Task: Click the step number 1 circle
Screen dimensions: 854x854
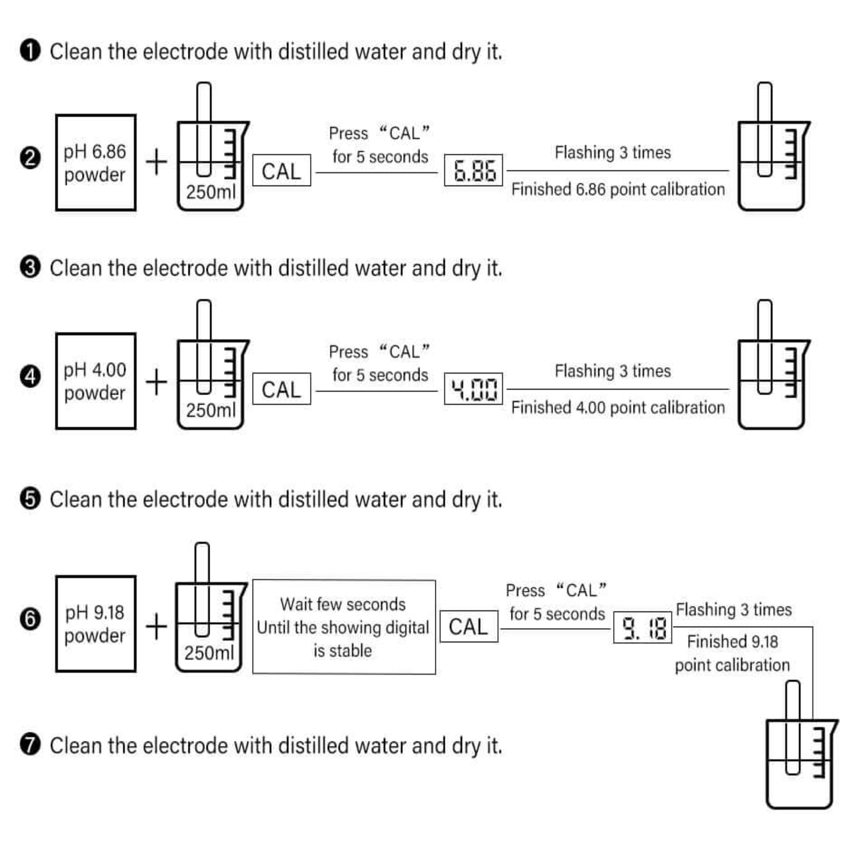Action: tap(30, 51)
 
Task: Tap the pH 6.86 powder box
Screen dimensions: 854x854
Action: tap(96, 163)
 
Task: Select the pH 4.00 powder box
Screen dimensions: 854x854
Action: tap(96, 380)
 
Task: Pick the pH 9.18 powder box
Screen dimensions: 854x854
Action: tap(96, 624)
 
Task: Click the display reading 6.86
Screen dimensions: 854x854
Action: tap(473, 170)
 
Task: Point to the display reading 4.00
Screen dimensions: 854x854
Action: tap(473, 388)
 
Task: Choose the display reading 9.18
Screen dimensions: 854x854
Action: tap(642, 628)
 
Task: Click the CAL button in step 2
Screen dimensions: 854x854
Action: tap(282, 171)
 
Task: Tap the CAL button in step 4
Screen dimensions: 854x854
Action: tap(282, 389)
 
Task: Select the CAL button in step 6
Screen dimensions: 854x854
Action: tap(469, 626)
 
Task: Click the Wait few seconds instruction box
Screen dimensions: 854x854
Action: tap(344, 627)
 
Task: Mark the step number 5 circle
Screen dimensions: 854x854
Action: tap(30, 499)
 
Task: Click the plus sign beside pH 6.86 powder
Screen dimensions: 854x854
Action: tap(157, 162)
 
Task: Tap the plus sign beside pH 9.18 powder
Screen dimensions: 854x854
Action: tap(157, 626)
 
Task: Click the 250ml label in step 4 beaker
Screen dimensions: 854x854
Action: tap(210, 411)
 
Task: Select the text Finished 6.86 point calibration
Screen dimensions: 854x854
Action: tap(617, 190)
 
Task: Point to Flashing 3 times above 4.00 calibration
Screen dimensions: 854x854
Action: tap(613, 371)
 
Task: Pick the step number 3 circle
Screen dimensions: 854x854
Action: tap(30, 267)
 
